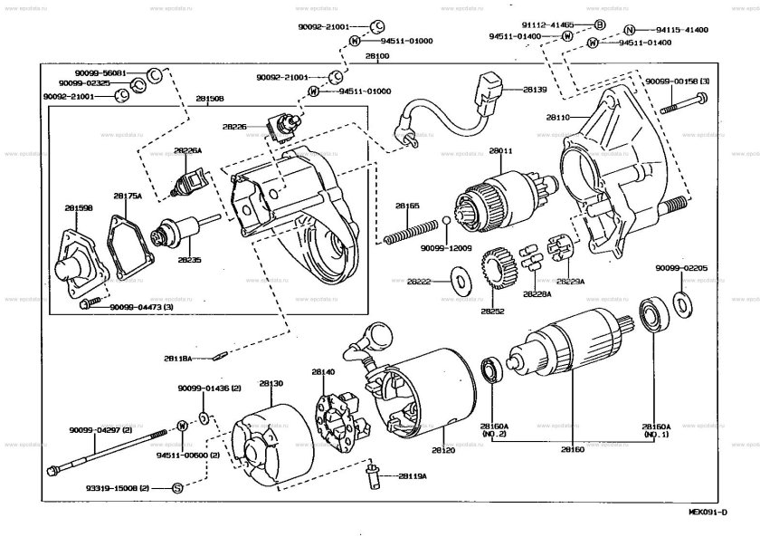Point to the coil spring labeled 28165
point(408,236)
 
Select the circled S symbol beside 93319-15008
point(177,488)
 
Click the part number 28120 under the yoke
point(442,450)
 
